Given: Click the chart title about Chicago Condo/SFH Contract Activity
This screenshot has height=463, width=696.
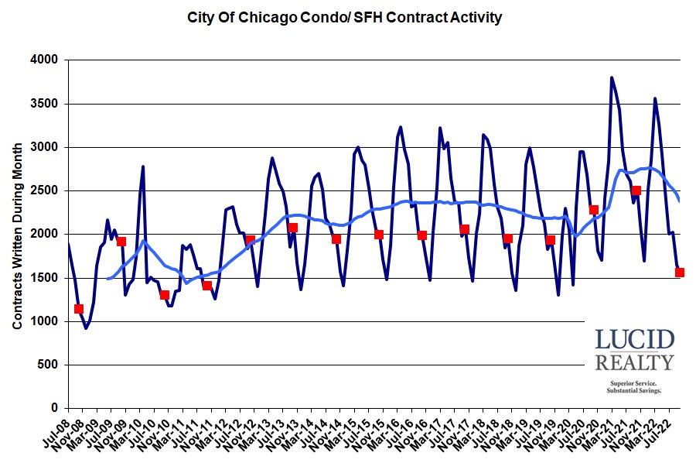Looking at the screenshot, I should click(343, 16).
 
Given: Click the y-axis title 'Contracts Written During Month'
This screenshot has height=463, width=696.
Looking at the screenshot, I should click(17, 233).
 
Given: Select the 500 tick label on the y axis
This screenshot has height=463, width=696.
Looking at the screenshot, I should click(50, 365).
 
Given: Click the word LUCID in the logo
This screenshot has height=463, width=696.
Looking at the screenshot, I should click(634, 339).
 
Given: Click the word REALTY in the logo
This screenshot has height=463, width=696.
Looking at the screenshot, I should click(634, 362).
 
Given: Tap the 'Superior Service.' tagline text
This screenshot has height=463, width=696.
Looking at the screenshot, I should click(634, 383).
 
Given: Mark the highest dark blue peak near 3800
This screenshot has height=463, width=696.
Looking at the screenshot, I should click(612, 77).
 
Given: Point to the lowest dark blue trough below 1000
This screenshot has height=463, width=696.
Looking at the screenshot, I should click(86, 328).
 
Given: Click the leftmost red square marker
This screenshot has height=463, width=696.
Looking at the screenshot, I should click(78, 309).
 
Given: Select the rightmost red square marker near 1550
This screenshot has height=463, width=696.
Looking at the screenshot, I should click(680, 273).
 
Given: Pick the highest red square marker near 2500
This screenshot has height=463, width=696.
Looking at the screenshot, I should click(636, 190).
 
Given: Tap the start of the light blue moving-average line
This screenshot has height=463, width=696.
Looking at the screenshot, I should click(107, 278).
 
